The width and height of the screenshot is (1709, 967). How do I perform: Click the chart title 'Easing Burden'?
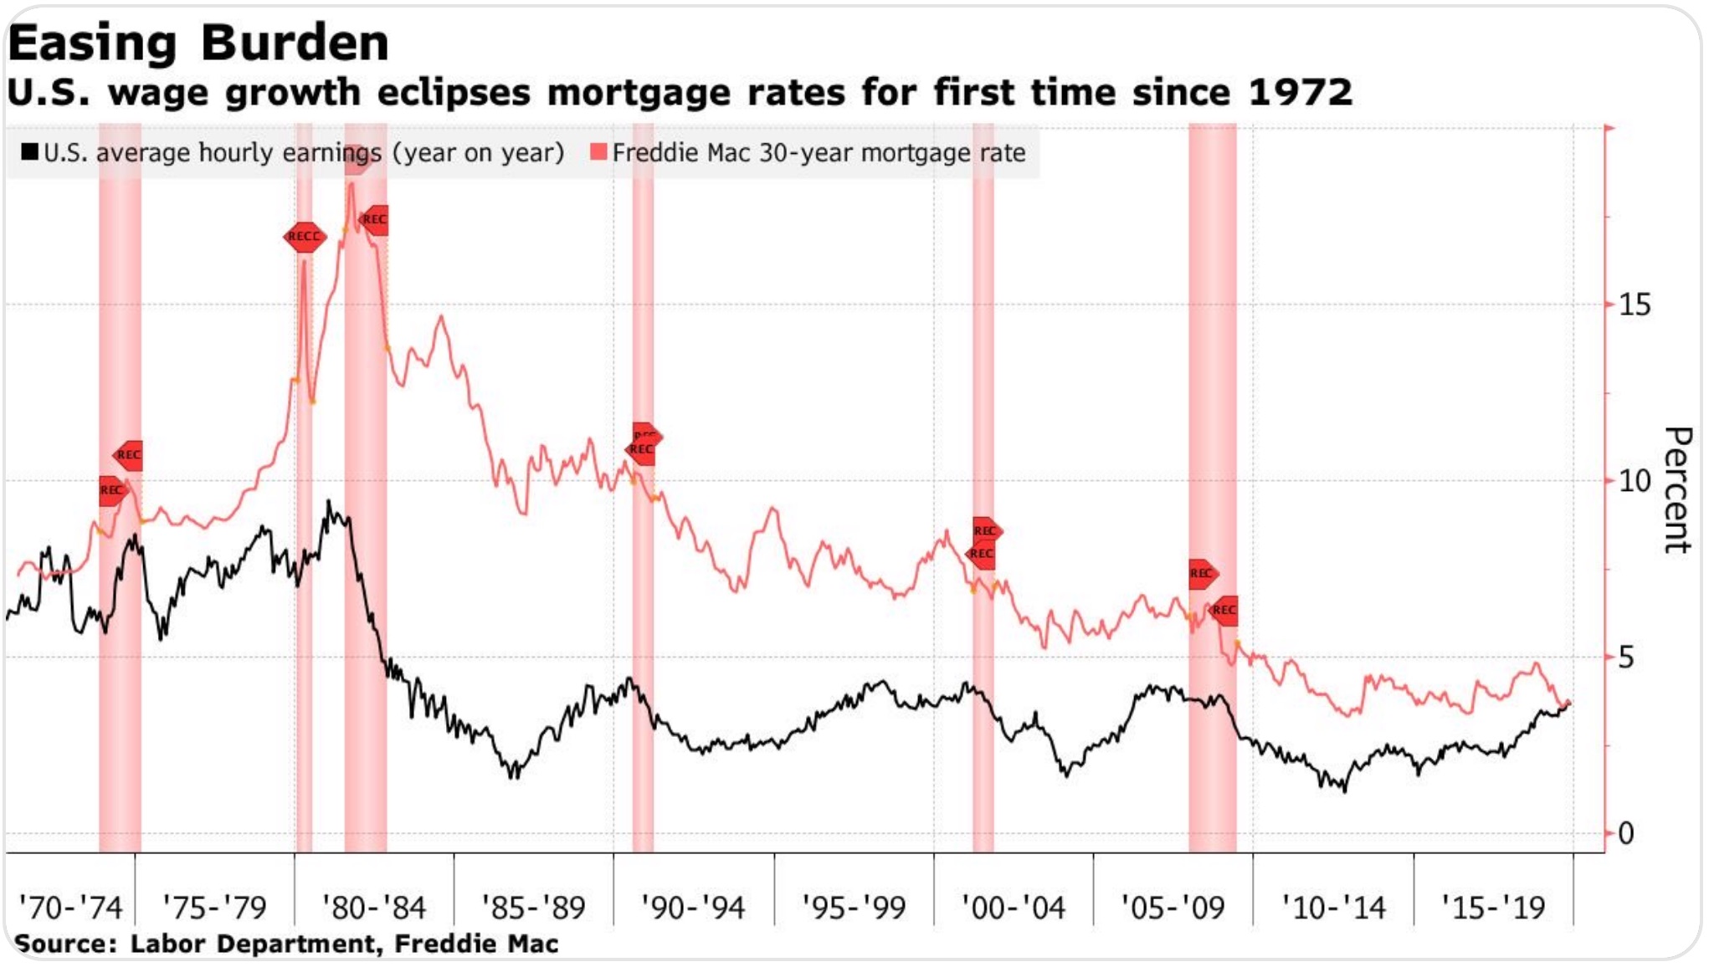198,43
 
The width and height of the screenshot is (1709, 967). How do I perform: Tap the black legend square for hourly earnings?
30,151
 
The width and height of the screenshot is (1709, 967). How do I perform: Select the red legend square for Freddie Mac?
598,151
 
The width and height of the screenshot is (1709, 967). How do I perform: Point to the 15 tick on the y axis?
1635,304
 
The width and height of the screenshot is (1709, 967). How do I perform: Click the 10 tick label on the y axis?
1635,481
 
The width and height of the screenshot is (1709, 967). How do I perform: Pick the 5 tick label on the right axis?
1626,657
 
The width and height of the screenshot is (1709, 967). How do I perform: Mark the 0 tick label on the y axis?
1626,833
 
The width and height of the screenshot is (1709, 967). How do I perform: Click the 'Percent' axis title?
1677,490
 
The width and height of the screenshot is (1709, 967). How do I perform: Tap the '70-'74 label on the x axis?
70,908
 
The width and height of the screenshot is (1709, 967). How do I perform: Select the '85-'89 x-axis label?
533,908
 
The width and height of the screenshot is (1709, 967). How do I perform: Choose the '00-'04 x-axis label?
1013,908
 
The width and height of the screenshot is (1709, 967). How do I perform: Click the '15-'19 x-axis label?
1493,908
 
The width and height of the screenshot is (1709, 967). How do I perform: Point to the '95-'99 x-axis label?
854,908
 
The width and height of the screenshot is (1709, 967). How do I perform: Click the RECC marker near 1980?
304,237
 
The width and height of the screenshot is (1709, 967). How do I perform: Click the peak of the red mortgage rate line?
352,183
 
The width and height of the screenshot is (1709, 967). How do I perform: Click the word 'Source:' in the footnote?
65,944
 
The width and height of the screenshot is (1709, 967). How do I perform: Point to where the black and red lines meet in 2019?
1568,704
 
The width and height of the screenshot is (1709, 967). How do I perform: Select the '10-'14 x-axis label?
1333,908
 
